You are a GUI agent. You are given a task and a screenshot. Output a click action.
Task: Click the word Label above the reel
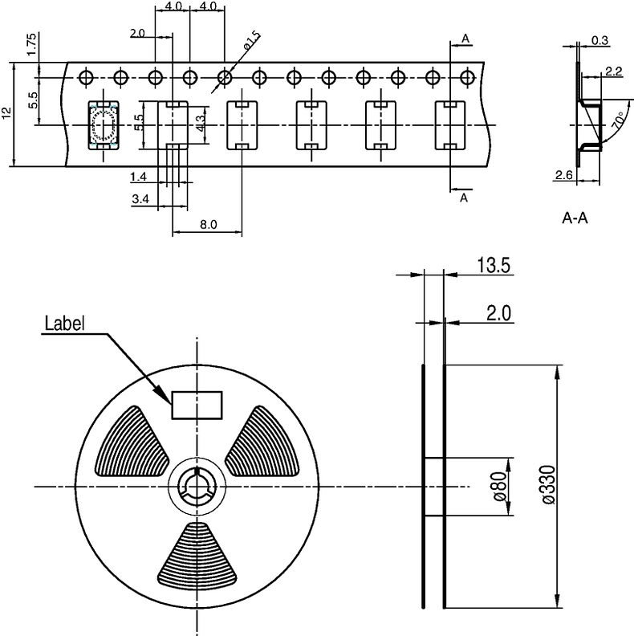[x=65, y=324]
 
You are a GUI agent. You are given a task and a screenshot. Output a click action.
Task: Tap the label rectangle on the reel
[x=197, y=404]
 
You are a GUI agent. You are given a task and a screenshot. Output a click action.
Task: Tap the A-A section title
[x=575, y=218]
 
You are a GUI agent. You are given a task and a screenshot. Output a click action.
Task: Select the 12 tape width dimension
[x=7, y=113]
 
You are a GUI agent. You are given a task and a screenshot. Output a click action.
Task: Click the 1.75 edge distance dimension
[x=30, y=44]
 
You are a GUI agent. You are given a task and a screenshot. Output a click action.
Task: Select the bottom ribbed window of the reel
[x=197, y=554]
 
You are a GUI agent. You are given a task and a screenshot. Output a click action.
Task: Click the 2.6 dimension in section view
[x=562, y=175]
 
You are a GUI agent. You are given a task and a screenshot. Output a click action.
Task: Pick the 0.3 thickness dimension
[x=599, y=39]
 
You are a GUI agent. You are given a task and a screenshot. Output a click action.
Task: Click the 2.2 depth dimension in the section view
[x=614, y=71]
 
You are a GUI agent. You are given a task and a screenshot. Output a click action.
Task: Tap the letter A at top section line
[x=465, y=39]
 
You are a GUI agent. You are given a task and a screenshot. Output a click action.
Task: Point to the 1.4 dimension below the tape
[x=138, y=175]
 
